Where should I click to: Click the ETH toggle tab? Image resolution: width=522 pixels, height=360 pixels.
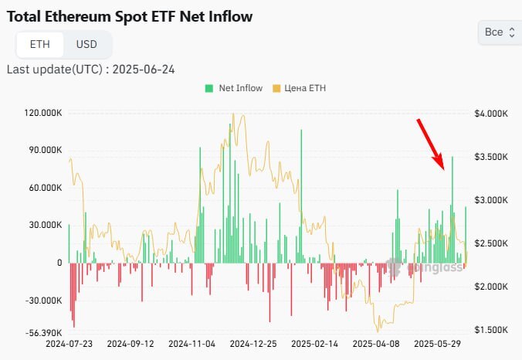coord(40,44)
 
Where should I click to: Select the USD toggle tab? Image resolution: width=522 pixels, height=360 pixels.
coord(86,44)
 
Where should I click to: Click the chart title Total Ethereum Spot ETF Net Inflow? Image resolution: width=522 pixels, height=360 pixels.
coord(129,15)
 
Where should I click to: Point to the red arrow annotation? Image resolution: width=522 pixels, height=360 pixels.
coord(430,144)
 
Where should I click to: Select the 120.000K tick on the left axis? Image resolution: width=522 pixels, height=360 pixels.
coord(43,113)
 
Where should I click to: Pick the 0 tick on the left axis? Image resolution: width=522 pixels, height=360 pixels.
coord(58,263)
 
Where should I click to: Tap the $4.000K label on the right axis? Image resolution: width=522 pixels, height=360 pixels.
coord(490,114)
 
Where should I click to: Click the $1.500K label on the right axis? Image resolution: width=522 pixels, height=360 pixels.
coord(490,330)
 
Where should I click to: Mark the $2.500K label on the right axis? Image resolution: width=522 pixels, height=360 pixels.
coord(490,243)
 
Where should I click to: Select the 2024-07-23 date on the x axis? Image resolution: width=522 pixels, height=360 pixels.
coord(69,343)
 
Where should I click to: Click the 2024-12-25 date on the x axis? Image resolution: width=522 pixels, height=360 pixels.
coord(253,343)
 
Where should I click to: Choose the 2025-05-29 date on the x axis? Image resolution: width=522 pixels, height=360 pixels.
coord(437,343)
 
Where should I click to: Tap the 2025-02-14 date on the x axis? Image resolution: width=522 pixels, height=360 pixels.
coord(314,343)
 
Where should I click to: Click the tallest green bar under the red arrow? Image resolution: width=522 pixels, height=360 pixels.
coord(453,209)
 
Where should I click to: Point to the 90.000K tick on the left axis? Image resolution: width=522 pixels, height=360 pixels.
coord(45,150)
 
